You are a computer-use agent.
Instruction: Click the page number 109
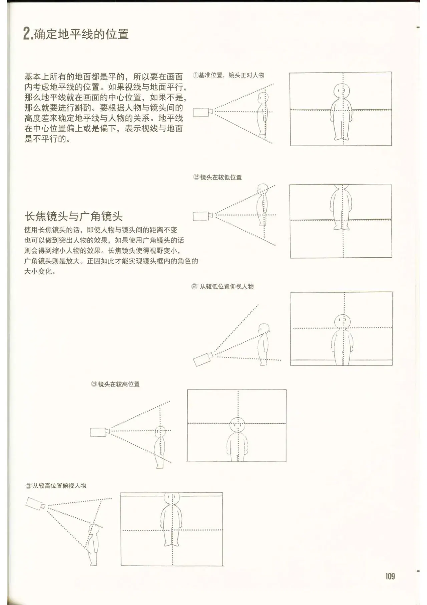point(390,576)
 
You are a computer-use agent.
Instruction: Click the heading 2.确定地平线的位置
point(76,34)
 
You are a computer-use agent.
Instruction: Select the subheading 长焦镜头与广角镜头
point(74,216)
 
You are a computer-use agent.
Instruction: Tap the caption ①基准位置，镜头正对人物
point(229,75)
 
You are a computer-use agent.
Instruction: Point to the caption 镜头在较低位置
point(221,177)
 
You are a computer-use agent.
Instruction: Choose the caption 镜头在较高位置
point(119,384)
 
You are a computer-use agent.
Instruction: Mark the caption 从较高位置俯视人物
point(59,485)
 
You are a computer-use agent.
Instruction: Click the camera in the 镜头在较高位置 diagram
point(100,432)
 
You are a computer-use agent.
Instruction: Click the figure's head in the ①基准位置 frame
point(342,90)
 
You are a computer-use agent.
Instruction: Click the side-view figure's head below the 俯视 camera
point(94,529)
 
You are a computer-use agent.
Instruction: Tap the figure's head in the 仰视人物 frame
point(343,321)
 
